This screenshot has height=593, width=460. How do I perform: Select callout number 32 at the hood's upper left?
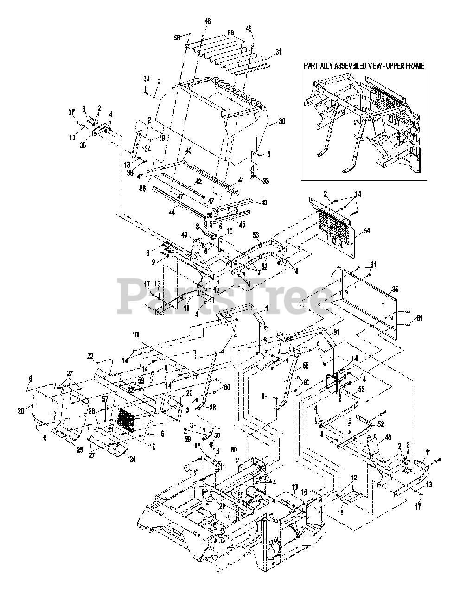coord(146,79)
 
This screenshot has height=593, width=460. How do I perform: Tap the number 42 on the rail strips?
coord(198,182)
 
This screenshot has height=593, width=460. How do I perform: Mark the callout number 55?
coord(306,366)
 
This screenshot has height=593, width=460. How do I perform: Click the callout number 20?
coord(176,393)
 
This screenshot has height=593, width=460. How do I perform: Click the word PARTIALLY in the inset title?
coord(320,66)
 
